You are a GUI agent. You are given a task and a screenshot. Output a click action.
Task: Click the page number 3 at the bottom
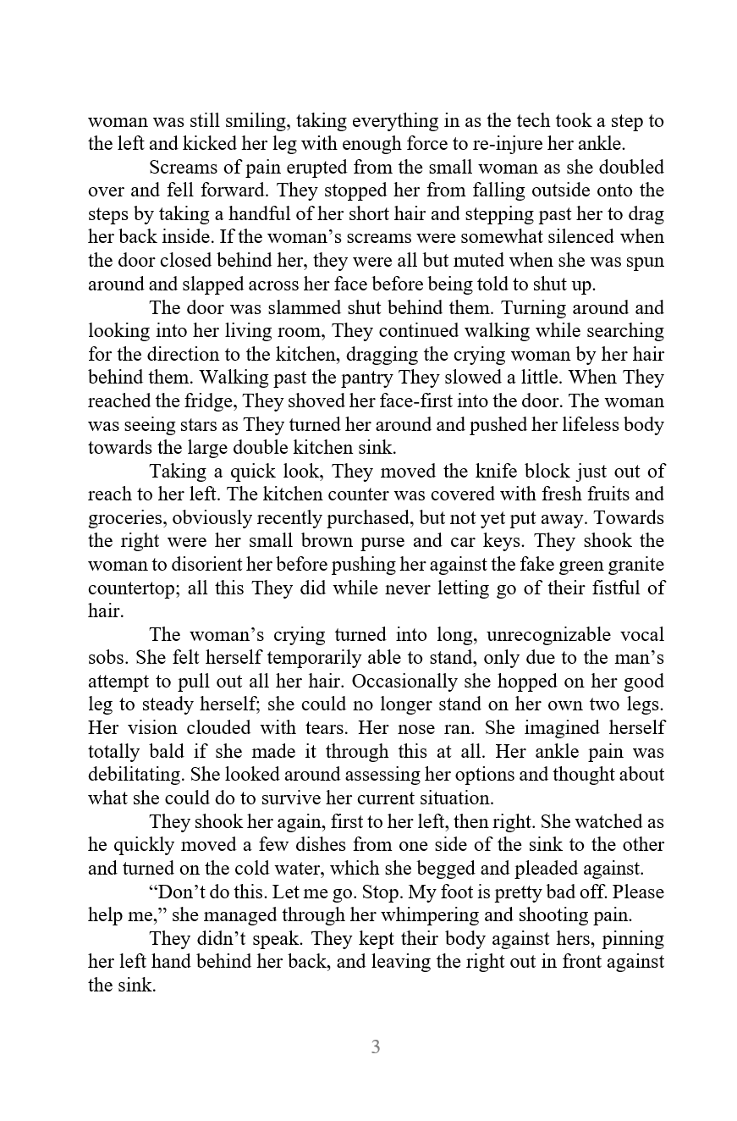375,1047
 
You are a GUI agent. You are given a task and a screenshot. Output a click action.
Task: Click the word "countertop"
128,588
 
